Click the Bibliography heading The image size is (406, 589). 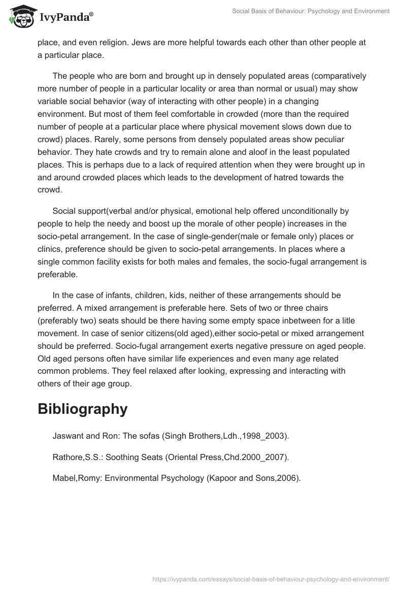(82, 409)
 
